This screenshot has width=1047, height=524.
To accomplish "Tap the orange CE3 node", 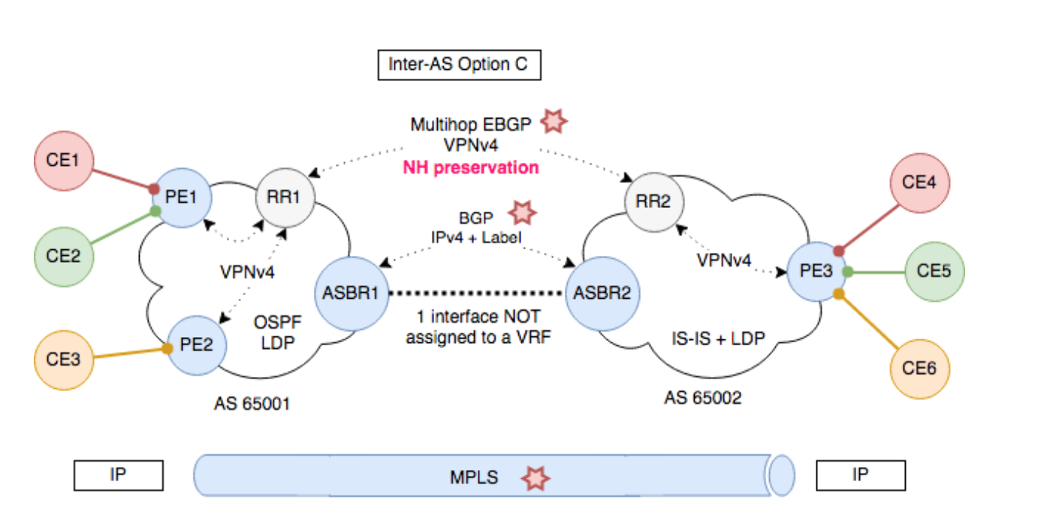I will (65, 358).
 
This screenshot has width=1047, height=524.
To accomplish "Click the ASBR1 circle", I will (351, 293).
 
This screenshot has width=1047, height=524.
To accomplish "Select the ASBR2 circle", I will (602, 293).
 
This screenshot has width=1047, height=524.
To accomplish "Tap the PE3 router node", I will (816, 270).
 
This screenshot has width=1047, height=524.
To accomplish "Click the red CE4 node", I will (919, 182).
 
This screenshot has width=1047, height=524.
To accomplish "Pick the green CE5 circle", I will (934, 270).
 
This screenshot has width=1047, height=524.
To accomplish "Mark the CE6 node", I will (919, 369).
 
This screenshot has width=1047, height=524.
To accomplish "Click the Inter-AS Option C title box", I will (458, 65).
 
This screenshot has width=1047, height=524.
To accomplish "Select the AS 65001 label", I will (252, 405).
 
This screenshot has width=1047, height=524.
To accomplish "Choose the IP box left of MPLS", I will (118, 476).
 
